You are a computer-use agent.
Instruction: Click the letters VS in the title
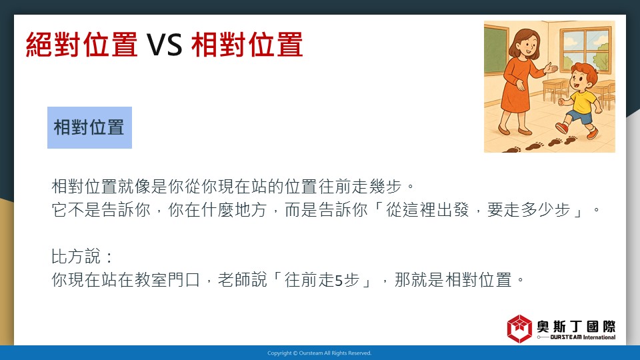(x=165, y=45)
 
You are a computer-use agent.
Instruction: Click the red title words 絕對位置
(x=81, y=45)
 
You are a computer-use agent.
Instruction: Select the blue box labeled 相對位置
(x=89, y=127)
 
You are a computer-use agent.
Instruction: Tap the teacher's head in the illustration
(x=525, y=43)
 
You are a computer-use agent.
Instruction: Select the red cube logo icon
(x=519, y=329)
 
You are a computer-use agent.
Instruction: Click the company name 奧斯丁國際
(x=576, y=327)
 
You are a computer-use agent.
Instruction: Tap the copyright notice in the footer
(x=319, y=353)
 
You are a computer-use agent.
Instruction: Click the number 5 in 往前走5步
(x=339, y=281)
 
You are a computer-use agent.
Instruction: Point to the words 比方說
(x=75, y=257)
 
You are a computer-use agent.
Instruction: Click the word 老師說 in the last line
(x=243, y=280)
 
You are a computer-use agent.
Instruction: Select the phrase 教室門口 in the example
(x=167, y=280)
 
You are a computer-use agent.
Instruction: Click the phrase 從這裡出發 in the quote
(x=427, y=210)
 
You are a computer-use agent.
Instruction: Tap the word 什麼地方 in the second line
(x=234, y=210)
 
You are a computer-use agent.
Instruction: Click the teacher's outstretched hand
(x=551, y=67)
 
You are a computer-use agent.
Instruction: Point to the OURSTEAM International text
(x=583, y=337)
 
